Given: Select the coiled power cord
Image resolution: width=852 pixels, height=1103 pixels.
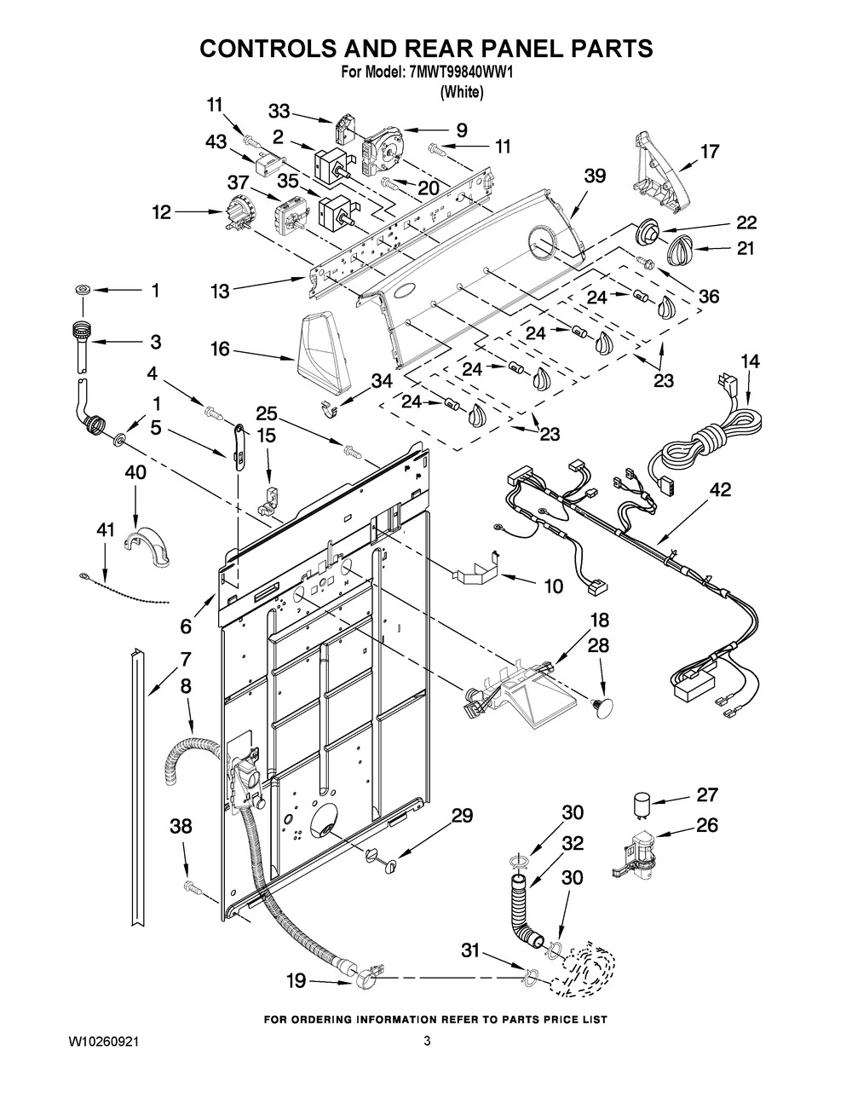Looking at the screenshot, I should point(707,435).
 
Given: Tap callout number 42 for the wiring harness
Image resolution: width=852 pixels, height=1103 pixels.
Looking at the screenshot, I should point(720,490).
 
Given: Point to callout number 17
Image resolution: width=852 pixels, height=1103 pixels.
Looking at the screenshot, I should point(709,152).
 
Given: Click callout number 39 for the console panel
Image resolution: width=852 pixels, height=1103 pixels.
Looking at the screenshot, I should point(595,176).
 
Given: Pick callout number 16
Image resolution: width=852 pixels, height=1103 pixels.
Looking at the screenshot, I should point(220,349).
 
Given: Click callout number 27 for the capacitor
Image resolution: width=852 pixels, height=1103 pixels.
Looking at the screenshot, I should point(706,795).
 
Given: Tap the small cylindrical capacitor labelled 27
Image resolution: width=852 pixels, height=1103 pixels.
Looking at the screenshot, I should point(642,802).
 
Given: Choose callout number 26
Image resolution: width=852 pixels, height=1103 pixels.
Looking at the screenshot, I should point(706,825).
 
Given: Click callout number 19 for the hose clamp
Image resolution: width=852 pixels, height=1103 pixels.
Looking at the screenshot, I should point(296,981).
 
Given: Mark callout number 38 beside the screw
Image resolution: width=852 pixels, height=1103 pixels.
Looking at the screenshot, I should point(180,826).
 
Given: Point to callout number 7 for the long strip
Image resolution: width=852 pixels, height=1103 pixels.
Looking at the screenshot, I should point(185,659).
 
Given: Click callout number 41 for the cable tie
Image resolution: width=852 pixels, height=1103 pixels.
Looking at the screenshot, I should point(105,530).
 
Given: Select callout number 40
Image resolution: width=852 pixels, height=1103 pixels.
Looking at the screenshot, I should point(135,471).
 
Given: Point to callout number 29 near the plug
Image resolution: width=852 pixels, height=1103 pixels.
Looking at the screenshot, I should point(461,816).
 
